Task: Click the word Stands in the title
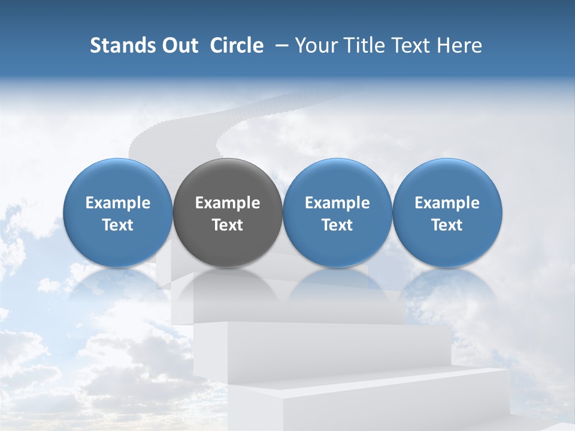click(123, 45)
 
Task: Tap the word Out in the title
click(179, 45)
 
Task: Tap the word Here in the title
click(460, 45)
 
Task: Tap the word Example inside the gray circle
click(228, 203)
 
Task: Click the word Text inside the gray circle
click(228, 225)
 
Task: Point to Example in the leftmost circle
click(118, 203)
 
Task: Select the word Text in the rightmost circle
click(447, 225)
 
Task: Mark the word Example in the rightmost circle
click(447, 203)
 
